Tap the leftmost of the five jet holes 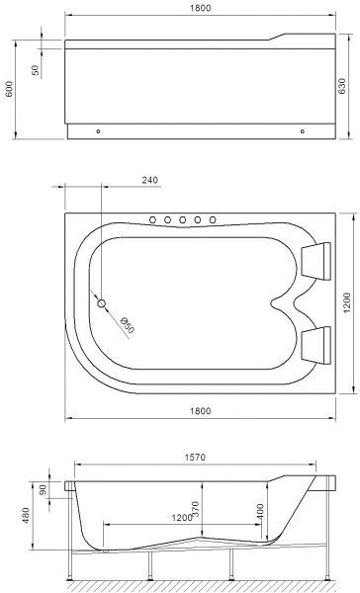coord(153,219)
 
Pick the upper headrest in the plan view coord(317,259)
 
